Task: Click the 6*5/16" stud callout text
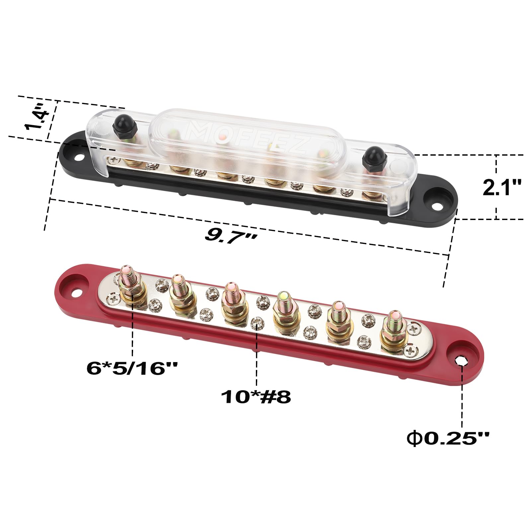132,367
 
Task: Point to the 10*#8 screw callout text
256,397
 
